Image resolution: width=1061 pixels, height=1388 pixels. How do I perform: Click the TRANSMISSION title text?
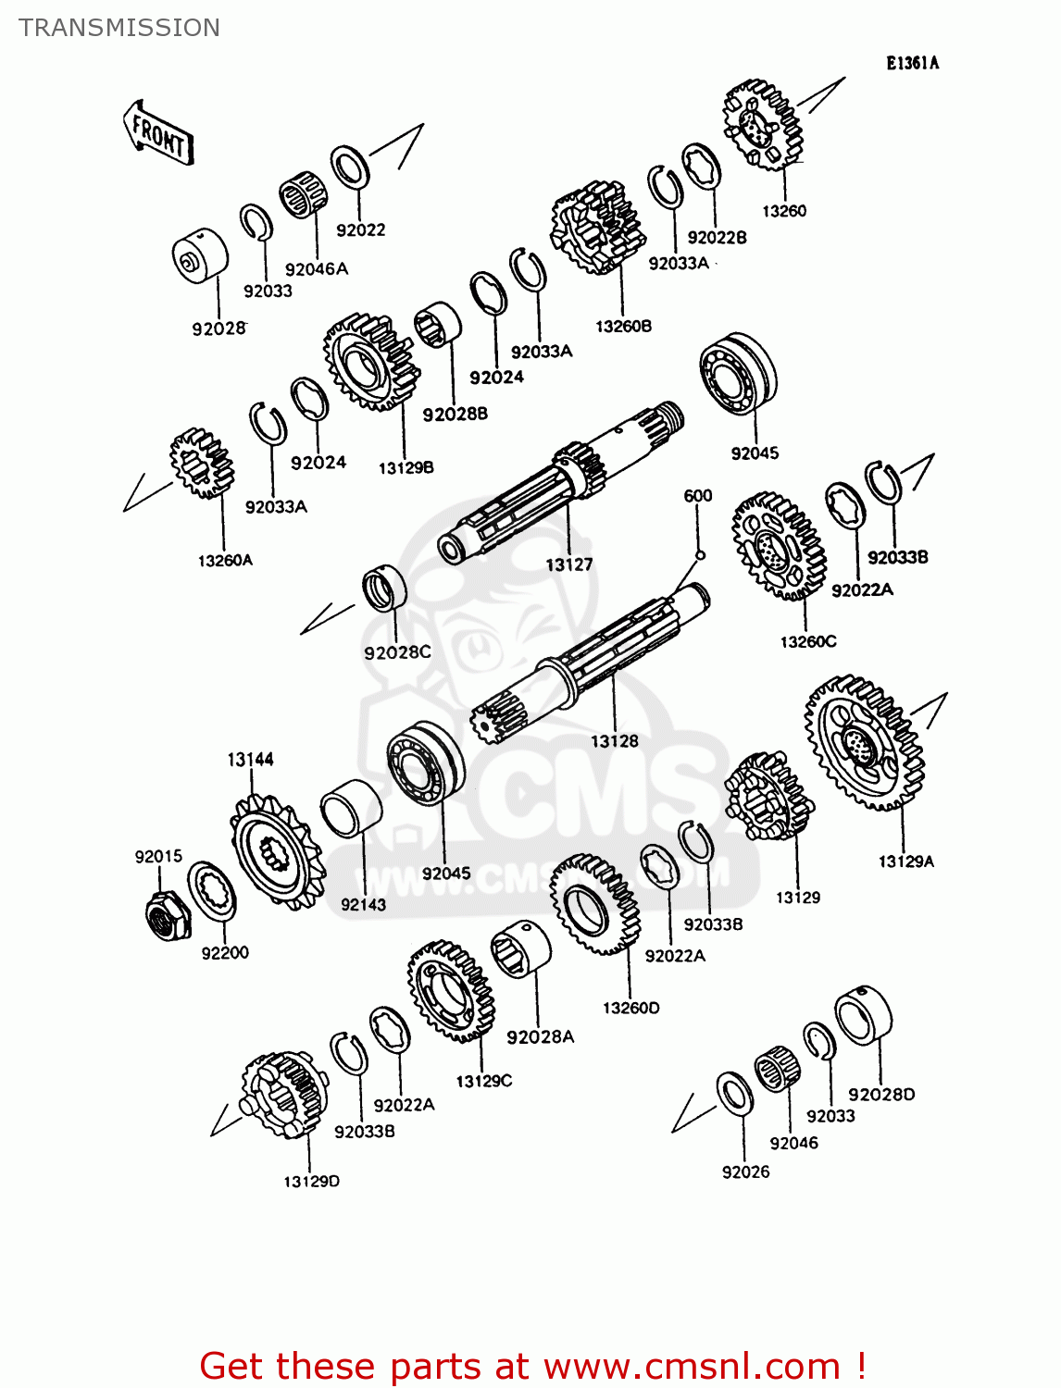coord(119,28)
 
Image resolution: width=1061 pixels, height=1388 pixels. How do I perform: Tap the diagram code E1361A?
coord(912,63)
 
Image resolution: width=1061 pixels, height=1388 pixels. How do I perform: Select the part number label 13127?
coord(568,564)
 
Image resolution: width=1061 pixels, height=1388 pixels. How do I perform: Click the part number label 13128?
coord(615,741)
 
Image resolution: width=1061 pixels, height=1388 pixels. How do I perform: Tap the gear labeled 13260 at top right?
coord(762,124)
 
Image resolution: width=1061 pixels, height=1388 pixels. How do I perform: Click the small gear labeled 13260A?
coord(201,463)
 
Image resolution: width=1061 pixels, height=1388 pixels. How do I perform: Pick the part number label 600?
coord(698,496)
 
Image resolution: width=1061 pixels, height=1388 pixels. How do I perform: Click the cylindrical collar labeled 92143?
coord(351,808)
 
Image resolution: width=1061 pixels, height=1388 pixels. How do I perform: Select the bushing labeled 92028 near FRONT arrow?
coord(200,254)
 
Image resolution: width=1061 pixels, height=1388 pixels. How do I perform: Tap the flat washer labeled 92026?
coord(735,1094)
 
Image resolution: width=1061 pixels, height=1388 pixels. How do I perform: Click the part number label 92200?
coord(225,953)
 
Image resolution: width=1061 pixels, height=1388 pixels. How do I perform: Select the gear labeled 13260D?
coord(594,903)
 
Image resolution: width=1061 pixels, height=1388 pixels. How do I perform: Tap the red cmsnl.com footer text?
coord(532,1366)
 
